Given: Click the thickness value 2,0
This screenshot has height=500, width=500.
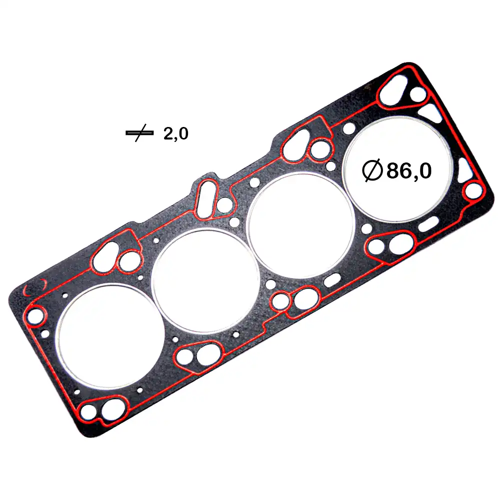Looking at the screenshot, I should pos(175,133).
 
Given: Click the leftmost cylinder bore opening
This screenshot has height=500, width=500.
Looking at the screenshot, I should pos(108,335).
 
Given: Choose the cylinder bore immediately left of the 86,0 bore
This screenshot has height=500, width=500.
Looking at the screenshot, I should pos(301,225).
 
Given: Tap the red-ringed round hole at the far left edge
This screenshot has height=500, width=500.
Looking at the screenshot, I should pos(35,316).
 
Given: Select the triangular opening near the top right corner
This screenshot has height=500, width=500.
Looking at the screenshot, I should pos(431,112).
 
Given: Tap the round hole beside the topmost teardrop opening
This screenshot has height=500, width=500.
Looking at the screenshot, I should pos(417,94).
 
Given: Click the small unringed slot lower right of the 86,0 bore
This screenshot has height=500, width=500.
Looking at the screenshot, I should pos(428,223).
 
